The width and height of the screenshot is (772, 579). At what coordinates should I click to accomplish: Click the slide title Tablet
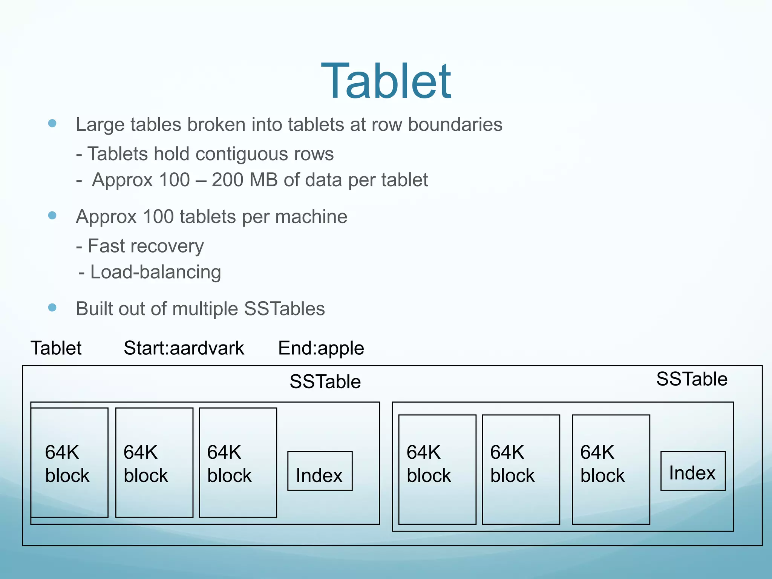point(386,81)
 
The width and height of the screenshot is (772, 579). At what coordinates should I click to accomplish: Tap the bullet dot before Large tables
point(52,123)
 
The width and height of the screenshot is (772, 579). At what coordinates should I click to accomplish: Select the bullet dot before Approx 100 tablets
point(52,215)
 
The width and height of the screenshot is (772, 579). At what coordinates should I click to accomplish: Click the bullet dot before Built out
point(52,308)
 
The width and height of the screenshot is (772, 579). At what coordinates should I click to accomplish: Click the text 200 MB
point(245,180)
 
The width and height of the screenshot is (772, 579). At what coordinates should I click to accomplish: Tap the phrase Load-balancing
point(155,272)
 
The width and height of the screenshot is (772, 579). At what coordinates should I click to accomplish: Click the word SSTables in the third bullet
point(284,309)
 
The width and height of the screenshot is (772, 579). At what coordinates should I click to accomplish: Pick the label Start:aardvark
point(184,348)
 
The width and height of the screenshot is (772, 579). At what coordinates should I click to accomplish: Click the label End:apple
point(321,348)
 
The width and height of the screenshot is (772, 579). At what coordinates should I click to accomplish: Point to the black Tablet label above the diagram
point(56,348)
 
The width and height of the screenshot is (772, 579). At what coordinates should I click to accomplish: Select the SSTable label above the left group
point(325,381)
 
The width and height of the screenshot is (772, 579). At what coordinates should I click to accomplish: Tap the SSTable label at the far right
point(692,379)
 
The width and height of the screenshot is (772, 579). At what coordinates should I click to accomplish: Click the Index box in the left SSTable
point(320,471)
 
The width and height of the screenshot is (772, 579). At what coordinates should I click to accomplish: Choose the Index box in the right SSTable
point(693,471)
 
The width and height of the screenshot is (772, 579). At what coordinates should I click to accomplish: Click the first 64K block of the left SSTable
point(69,463)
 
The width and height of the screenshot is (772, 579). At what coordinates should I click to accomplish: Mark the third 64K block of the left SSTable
point(238,463)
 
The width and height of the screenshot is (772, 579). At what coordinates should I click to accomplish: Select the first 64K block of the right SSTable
point(437,469)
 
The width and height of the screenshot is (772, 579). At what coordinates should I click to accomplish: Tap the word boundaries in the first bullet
point(455,125)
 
